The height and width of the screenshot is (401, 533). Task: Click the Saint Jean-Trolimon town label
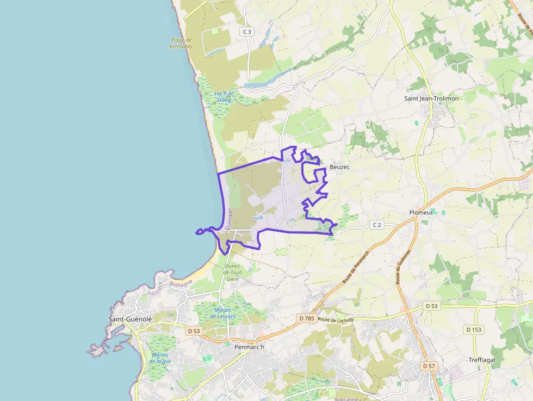[431, 98]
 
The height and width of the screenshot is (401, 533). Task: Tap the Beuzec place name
[339, 167]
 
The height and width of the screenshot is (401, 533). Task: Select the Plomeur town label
[421, 212]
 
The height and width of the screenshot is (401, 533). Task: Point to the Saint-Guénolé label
[130, 319]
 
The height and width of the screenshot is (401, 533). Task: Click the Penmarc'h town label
[249, 347]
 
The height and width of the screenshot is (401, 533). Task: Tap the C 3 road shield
[247, 32]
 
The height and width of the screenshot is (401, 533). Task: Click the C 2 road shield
[377, 225]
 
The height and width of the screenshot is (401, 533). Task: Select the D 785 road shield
[307, 317]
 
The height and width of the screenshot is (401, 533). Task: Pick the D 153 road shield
[474, 329]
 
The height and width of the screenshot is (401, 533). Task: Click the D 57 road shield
[429, 366]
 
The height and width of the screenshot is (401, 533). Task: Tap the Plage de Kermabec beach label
[181, 43]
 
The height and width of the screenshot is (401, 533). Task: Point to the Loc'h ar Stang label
[224, 96]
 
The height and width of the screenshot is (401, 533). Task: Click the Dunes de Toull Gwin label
[232, 272]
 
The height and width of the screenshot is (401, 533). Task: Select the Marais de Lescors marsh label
[222, 313]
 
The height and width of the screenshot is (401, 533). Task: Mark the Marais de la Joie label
[160, 357]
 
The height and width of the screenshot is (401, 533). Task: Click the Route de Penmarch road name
[356, 267]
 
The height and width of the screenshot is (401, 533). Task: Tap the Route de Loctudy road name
[336, 320]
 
